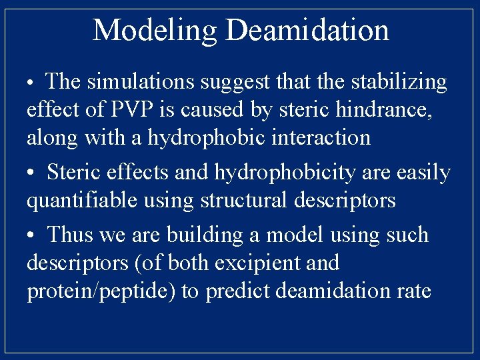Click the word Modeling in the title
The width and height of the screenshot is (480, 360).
pyautogui.click(x=155, y=31)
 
